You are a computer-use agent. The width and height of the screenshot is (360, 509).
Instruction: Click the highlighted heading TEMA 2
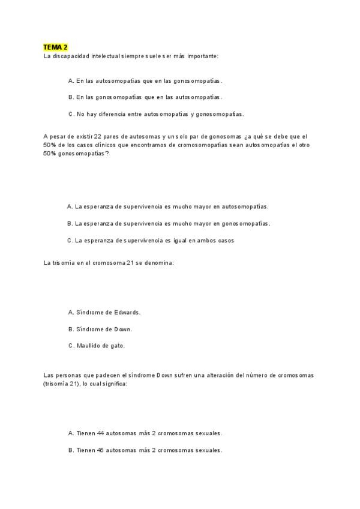click(x=56, y=47)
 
